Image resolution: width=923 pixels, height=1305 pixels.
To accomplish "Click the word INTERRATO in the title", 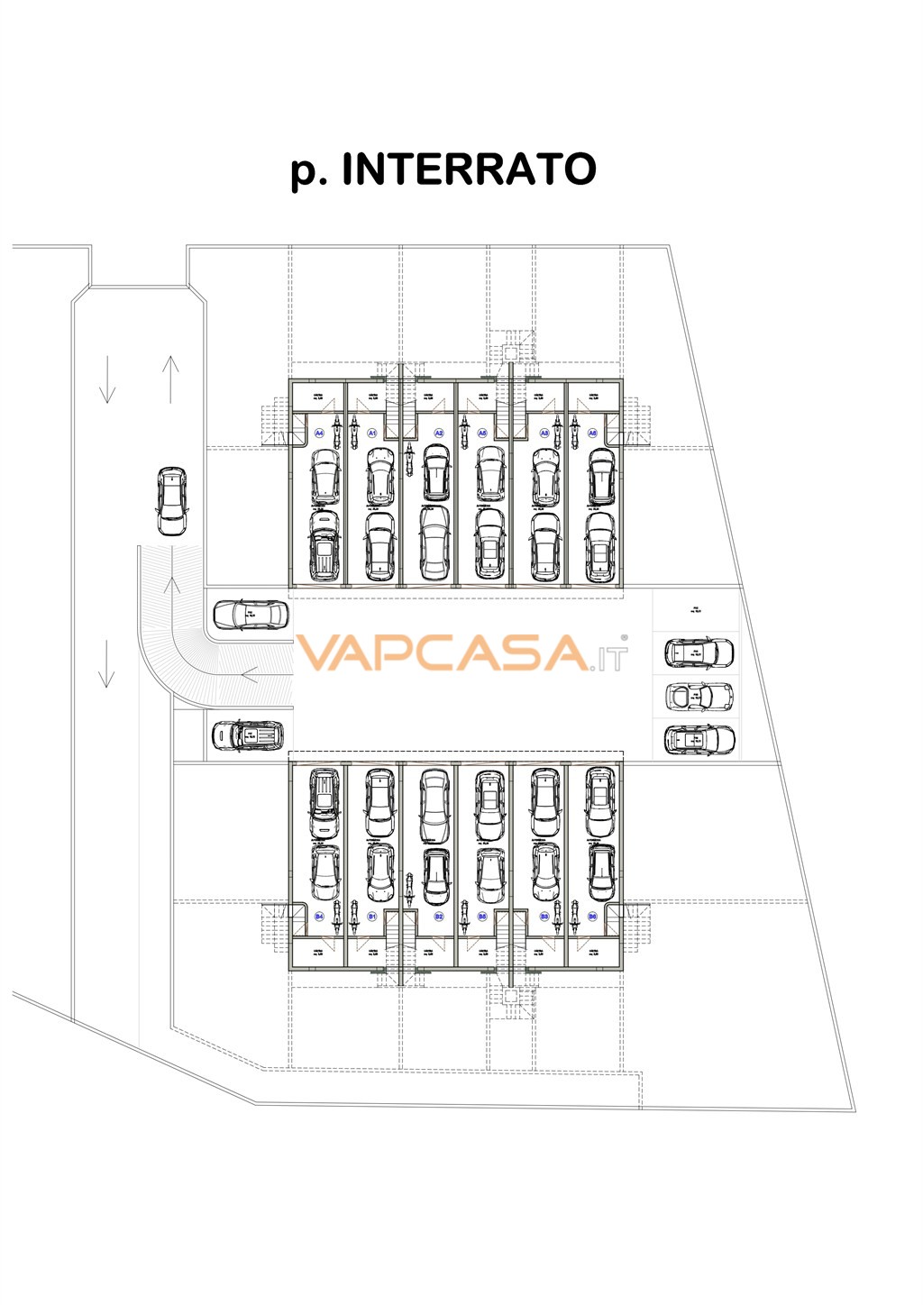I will [x=469, y=169].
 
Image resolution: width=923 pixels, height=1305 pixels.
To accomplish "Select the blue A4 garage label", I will [x=318, y=433].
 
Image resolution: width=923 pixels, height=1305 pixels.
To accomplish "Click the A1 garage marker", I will [x=372, y=433].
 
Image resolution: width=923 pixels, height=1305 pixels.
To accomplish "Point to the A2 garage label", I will [x=439, y=433].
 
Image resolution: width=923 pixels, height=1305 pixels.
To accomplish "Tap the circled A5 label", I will [x=482, y=433].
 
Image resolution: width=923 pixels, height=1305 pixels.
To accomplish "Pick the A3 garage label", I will [x=544, y=433].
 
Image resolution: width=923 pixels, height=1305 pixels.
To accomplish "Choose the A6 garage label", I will [x=592, y=433].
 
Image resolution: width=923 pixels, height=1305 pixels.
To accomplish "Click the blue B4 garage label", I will [x=318, y=917].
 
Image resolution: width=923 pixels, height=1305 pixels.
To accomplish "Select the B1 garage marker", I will [x=372, y=917].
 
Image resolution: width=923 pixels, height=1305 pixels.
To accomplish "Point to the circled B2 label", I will [x=439, y=917].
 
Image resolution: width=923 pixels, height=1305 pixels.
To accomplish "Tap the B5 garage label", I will [x=482, y=917].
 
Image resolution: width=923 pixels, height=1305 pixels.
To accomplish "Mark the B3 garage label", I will [x=544, y=917].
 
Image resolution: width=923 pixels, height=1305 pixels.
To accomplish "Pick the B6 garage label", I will [x=592, y=917].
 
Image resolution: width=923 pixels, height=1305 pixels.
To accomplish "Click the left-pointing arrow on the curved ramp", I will [x=251, y=672].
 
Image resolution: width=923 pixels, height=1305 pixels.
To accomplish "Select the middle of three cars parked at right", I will [x=699, y=696].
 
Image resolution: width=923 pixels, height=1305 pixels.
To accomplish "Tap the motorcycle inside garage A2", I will [x=409, y=461].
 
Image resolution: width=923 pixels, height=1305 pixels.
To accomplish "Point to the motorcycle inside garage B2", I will [x=409, y=890].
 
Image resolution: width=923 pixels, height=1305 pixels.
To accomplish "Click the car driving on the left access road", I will [x=172, y=501].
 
